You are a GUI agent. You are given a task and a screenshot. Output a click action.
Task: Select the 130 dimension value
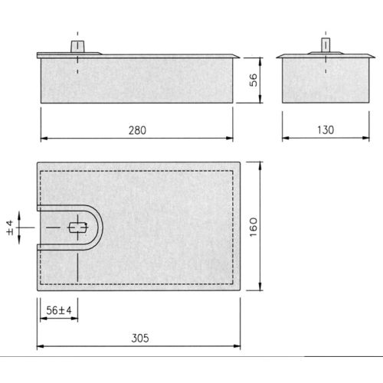pyautogui.click(x=326, y=130)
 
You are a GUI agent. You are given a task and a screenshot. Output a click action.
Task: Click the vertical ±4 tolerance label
pyautogui.click(x=11, y=227)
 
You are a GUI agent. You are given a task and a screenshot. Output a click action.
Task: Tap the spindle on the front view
pyautogui.click(x=78, y=46)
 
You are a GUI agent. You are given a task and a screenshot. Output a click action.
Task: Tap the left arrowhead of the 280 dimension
pyautogui.click(x=42, y=138)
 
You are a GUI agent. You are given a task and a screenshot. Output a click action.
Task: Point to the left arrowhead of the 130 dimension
pyautogui.click(x=286, y=138)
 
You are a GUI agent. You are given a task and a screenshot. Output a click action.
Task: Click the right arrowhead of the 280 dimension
pyautogui.click(x=231, y=138)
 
